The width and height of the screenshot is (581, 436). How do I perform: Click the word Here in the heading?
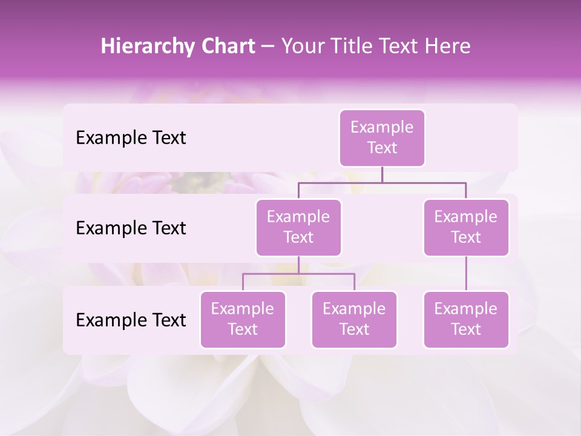point(447,47)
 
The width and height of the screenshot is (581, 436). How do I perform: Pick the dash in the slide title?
point(268,47)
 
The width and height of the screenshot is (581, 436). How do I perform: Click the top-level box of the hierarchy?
point(382,137)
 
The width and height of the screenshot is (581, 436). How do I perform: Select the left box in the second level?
point(298,227)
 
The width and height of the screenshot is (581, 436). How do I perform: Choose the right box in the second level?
point(466,227)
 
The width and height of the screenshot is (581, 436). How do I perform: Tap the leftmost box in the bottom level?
point(243,319)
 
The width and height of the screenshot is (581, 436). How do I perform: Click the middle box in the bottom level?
point(354,319)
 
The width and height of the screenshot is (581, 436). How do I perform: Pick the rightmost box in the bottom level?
point(466,319)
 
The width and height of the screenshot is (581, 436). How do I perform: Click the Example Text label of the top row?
point(131,138)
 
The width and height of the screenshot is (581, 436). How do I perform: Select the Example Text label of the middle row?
point(131,228)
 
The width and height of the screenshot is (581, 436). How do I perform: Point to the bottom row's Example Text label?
point(131,320)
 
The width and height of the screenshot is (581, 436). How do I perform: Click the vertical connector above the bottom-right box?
point(466,273)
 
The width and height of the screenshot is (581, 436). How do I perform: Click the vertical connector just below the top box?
point(382,174)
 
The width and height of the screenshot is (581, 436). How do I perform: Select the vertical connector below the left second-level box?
point(298,265)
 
